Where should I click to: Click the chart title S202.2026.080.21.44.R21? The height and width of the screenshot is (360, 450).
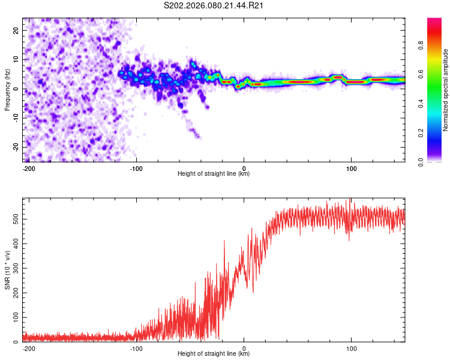214,6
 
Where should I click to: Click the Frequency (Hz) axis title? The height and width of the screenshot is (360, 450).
7,89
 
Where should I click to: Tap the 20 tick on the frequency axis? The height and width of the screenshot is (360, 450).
16,30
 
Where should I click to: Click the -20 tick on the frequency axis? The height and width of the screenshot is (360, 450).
14,147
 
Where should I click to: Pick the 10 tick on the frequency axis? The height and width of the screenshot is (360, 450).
16,59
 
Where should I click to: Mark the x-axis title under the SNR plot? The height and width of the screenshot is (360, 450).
214,354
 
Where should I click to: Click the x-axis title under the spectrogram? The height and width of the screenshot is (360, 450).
214,174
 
